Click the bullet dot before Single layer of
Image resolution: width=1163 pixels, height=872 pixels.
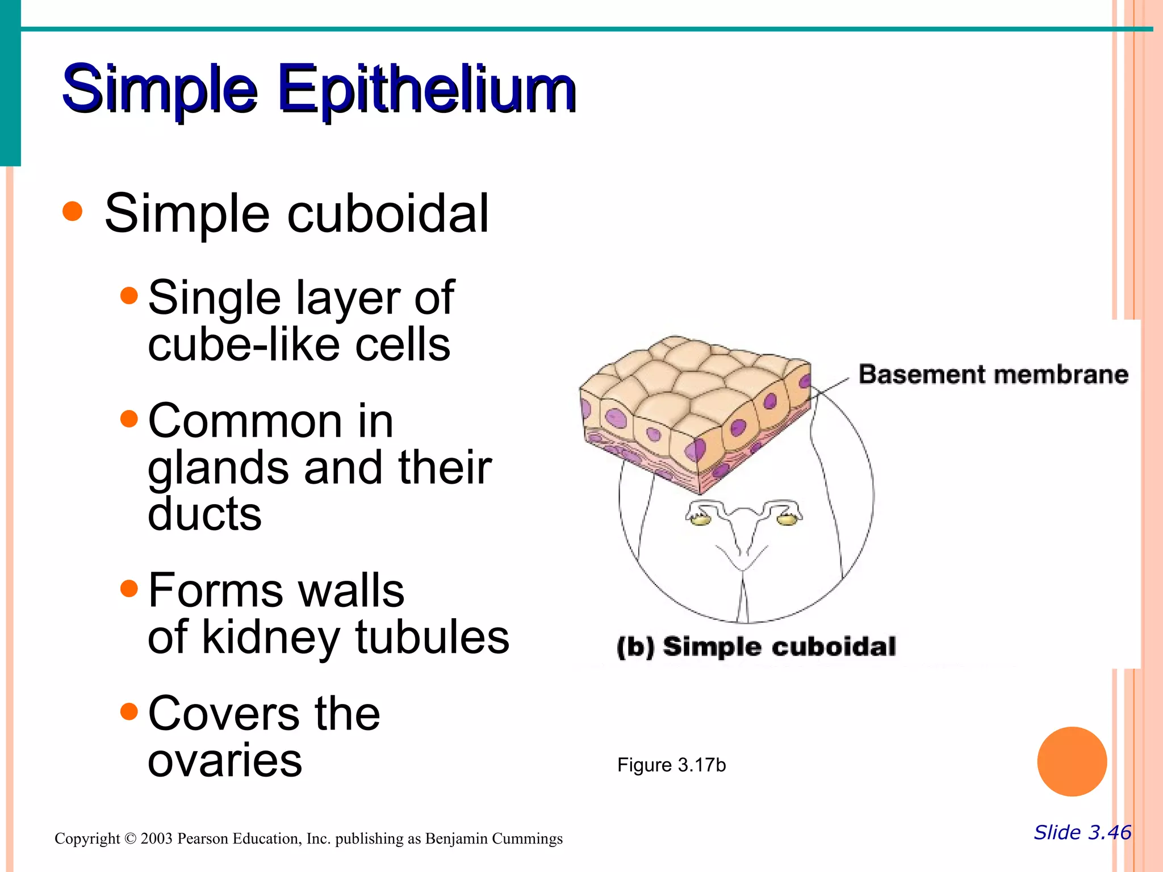(129, 295)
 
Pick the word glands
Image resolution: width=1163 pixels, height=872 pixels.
(218, 468)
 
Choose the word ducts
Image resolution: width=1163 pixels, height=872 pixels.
(204, 513)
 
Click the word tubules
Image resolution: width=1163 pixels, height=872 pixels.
(432, 637)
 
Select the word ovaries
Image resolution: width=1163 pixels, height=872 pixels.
(225, 761)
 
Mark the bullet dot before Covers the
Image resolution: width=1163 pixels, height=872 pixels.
(129, 711)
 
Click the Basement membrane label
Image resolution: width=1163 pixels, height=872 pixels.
(993, 375)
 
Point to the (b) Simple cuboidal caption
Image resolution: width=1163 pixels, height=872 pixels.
(756, 647)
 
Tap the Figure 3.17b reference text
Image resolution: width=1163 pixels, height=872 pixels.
(671, 765)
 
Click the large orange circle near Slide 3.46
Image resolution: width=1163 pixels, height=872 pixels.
(1072, 761)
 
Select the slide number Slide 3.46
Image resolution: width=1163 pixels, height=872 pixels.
(1082, 832)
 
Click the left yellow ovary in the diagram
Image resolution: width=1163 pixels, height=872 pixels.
(702, 519)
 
